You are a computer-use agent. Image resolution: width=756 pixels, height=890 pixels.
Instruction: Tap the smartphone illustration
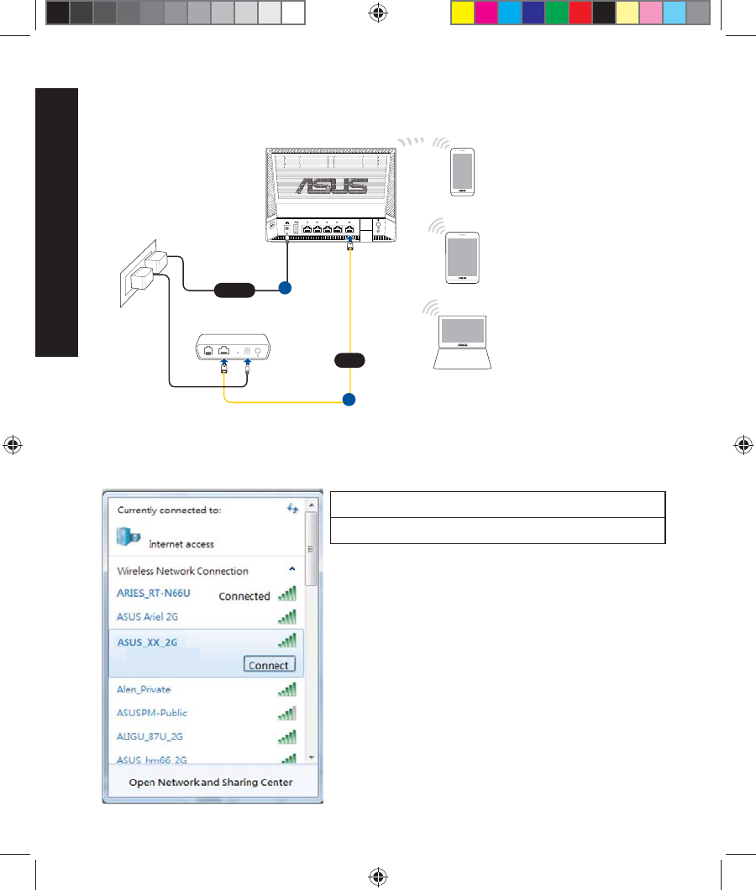pos(464,172)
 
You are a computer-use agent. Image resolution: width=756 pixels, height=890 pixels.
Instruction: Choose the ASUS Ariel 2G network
pos(148,616)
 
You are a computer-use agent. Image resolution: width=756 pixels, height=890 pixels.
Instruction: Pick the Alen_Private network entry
pos(144,689)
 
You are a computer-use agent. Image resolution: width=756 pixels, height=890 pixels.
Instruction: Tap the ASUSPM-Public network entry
pos(152,713)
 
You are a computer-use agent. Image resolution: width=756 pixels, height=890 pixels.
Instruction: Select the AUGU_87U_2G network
pos(150,736)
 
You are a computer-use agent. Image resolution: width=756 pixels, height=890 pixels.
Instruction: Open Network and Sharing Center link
pos(211,783)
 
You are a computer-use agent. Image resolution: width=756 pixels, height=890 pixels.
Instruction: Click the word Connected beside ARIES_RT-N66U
pos(244,596)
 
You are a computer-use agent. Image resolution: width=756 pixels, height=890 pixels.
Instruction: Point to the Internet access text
pos(181,544)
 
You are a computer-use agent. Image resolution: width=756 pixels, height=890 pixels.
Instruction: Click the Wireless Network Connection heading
pos(182,571)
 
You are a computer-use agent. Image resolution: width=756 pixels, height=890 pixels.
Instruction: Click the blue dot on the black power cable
pos(285,289)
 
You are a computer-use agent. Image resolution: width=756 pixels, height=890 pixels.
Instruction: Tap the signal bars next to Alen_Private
pos(287,689)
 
